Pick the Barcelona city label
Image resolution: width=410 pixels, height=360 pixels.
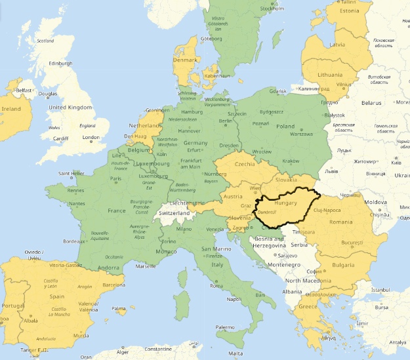pyautogui.click(x=113, y=285)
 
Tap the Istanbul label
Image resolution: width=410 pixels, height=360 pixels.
pyautogui.click(x=380, y=289)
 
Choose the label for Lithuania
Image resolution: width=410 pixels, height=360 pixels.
pyautogui.click(x=330, y=75)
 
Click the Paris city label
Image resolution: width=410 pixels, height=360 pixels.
pyautogui.click(x=116, y=178)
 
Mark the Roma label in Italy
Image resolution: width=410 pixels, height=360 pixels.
pyautogui.click(x=217, y=286)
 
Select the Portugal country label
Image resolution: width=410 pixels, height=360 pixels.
pyautogui.click(x=12, y=306)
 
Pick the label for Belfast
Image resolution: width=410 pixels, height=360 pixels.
pyautogui.click(x=24, y=90)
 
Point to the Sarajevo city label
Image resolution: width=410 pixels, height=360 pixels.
pyautogui.click(x=287, y=255)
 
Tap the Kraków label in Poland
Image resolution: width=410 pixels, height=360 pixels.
pyautogui.click(x=291, y=161)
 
